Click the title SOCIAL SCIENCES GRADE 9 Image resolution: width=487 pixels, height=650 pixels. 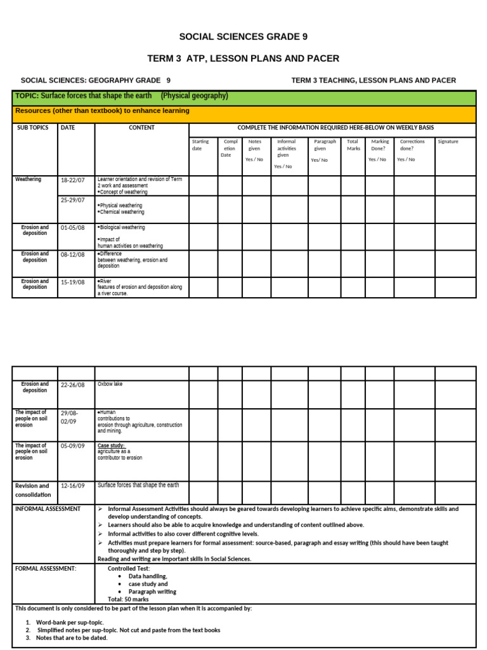(x=243, y=36)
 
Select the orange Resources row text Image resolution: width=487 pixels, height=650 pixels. (x=102, y=111)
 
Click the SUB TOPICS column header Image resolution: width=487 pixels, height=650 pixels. (x=32, y=128)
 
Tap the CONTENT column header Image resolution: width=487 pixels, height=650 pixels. (x=141, y=128)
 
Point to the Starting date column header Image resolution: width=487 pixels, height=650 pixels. (x=201, y=145)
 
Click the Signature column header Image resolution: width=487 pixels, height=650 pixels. (x=448, y=142)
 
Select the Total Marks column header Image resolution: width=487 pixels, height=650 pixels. (x=353, y=145)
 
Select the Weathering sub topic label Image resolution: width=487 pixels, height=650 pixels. (x=28, y=180)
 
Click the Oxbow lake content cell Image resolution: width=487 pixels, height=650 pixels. (x=110, y=384)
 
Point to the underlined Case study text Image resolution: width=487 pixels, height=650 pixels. (x=111, y=446)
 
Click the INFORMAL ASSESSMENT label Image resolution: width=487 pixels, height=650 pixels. (x=48, y=509)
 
